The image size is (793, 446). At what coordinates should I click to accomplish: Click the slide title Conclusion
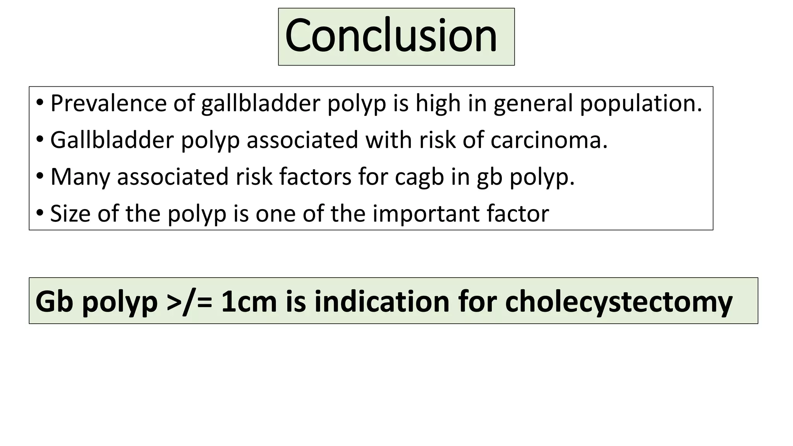391,36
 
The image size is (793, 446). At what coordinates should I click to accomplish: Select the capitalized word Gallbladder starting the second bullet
112,140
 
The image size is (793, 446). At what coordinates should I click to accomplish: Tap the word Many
80,177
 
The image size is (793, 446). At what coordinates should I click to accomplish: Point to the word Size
70,213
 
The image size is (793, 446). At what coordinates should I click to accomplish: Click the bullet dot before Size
40,213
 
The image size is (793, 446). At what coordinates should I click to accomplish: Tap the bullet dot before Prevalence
40,103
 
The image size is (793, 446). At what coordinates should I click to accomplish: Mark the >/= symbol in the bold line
189,302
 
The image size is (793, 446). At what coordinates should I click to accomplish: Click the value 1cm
249,302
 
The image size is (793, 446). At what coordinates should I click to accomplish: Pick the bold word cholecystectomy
619,302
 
